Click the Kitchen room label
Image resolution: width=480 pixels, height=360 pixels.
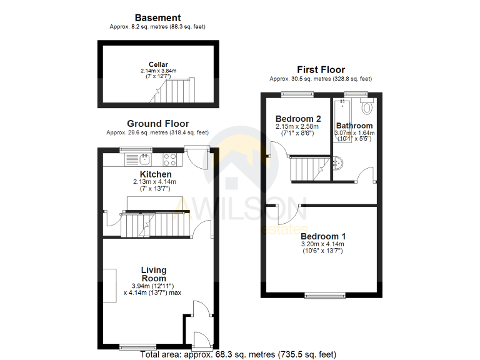156,174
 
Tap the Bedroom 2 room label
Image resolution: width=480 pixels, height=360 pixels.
298,119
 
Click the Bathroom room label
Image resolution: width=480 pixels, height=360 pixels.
354,126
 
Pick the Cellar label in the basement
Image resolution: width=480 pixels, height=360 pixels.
159,64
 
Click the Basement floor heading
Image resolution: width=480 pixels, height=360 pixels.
157,18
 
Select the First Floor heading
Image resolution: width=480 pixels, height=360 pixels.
321,70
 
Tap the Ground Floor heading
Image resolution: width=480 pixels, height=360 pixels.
157,124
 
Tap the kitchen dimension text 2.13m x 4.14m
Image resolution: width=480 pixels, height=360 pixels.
156,182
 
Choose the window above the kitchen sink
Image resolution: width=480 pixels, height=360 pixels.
136,149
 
